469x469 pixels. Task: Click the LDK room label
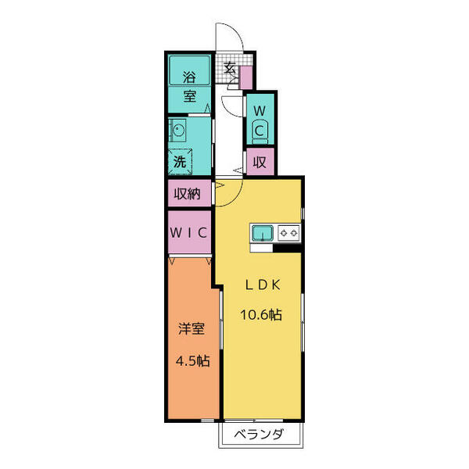(x=263, y=285)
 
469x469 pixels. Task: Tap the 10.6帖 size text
(x=261, y=315)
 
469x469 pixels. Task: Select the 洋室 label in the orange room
(x=192, y=328)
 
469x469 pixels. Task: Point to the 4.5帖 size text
(x=192, y=361)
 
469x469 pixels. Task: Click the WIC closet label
(x=188, y=232)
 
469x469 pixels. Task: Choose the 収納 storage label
(x=188, y=194)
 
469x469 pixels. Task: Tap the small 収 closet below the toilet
(x=260, y=163)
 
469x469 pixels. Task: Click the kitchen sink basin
(x=263, y=233)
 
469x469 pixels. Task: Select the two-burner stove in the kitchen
(x=288, y=233)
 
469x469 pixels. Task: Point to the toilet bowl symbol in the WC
(x=260, y=132)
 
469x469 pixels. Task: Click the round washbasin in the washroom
(x=177, y=131)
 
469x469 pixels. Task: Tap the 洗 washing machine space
(x=180, y=162)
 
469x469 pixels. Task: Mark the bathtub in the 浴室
(x=189, y=70)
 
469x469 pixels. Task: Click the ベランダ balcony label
(x=258, y=434)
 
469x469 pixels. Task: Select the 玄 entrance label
(x=230, y=69)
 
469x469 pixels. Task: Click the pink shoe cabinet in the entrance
(x=246, y=77)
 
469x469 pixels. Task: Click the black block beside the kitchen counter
(x=287, y=249)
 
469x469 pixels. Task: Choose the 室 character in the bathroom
(x=190, y=95)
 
